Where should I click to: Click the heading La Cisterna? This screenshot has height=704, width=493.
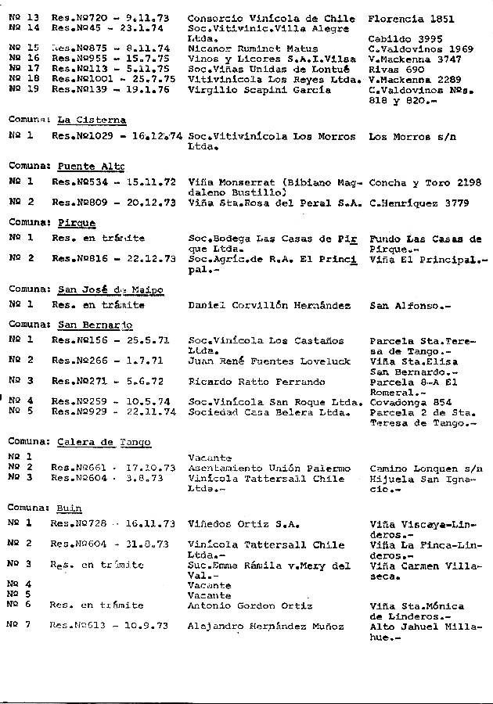[x=92, y=120]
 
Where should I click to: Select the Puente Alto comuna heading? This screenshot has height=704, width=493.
[x=92, y=167]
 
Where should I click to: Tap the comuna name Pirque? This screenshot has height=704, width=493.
[x=77, y=223]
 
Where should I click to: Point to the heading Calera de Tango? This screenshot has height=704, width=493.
[x=104, y=442]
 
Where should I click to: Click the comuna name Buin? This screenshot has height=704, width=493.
[x=70, y=508]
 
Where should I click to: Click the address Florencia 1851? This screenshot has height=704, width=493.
[x=409, y=18]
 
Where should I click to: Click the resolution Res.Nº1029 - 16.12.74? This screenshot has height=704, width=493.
[x=116, y=136]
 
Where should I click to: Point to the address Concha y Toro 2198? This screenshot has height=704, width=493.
[x=424, y=182]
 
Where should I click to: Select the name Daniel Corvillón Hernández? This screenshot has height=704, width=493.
[x=269, y=306]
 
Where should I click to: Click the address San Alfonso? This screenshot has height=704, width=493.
[x=406, y=306]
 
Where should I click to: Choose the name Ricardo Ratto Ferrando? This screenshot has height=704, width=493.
[x=257, y=382]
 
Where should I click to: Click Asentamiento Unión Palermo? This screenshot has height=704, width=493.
[x=264, y=468]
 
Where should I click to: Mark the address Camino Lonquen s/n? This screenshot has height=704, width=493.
[x=425, y=468]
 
